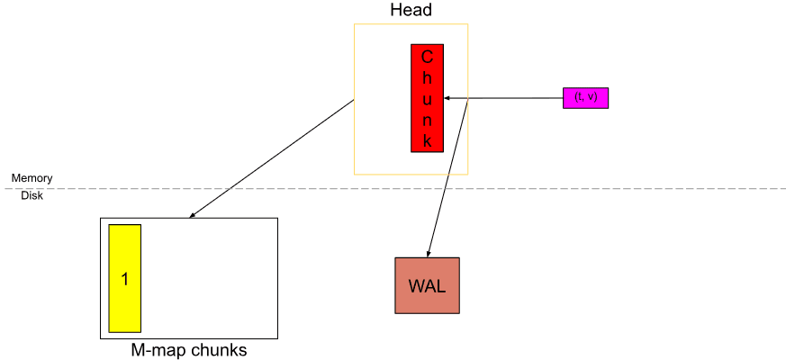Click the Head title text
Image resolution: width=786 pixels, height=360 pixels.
(x=411, y=11)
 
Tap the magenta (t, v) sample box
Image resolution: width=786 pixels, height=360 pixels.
(x=585, y=97)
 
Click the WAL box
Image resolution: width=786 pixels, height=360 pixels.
(x=427, y=285)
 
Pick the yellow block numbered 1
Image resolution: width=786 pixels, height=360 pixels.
(x=124, y=278)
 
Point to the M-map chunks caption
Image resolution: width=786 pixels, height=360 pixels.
(x=188, y=350)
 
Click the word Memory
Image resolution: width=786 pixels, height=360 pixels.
(x=32, y=178)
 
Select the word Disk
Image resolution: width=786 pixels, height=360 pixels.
(x=32, y=195)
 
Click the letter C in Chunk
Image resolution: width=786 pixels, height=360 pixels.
(x=428, y=57)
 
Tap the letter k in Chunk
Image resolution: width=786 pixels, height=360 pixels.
(x=428, y=140)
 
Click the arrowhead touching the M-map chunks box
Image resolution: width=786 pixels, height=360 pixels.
(x=193, y=215)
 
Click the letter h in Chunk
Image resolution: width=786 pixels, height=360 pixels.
(x=428, y=78)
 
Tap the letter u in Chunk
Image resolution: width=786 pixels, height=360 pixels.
(x=428, y=99)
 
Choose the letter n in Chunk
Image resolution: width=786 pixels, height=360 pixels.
(x=428, y=120)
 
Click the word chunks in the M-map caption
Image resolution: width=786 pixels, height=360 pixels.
(x=217, y=350)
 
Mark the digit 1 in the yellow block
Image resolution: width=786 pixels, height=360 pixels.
(x=125, y=279)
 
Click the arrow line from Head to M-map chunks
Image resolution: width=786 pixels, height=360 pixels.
(x=270, y=159)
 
